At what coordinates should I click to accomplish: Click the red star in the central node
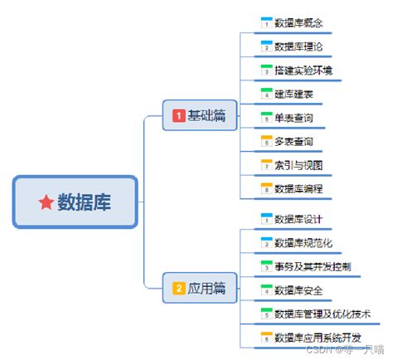coord(46,202)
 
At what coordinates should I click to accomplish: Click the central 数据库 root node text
coord(84,202)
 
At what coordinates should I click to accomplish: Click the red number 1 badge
coord(178,115)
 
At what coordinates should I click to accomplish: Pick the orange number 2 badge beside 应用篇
coord(178,289)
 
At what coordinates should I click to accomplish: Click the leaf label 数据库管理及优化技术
coord(323,314)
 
